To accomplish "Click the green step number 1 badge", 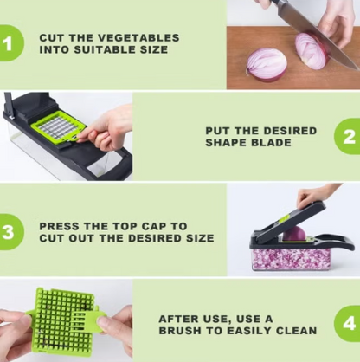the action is (x=10, y=43).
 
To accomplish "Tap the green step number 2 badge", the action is (x=347, y=136).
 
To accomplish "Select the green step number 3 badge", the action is (x=10, y=232).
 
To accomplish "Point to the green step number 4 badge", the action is (x=347, y=324).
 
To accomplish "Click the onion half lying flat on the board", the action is (x=267, y=64).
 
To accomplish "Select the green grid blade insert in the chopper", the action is (x=59, y=127).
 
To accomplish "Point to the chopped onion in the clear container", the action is (x=292, y=259).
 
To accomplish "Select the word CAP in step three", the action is (x=152, y=226).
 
